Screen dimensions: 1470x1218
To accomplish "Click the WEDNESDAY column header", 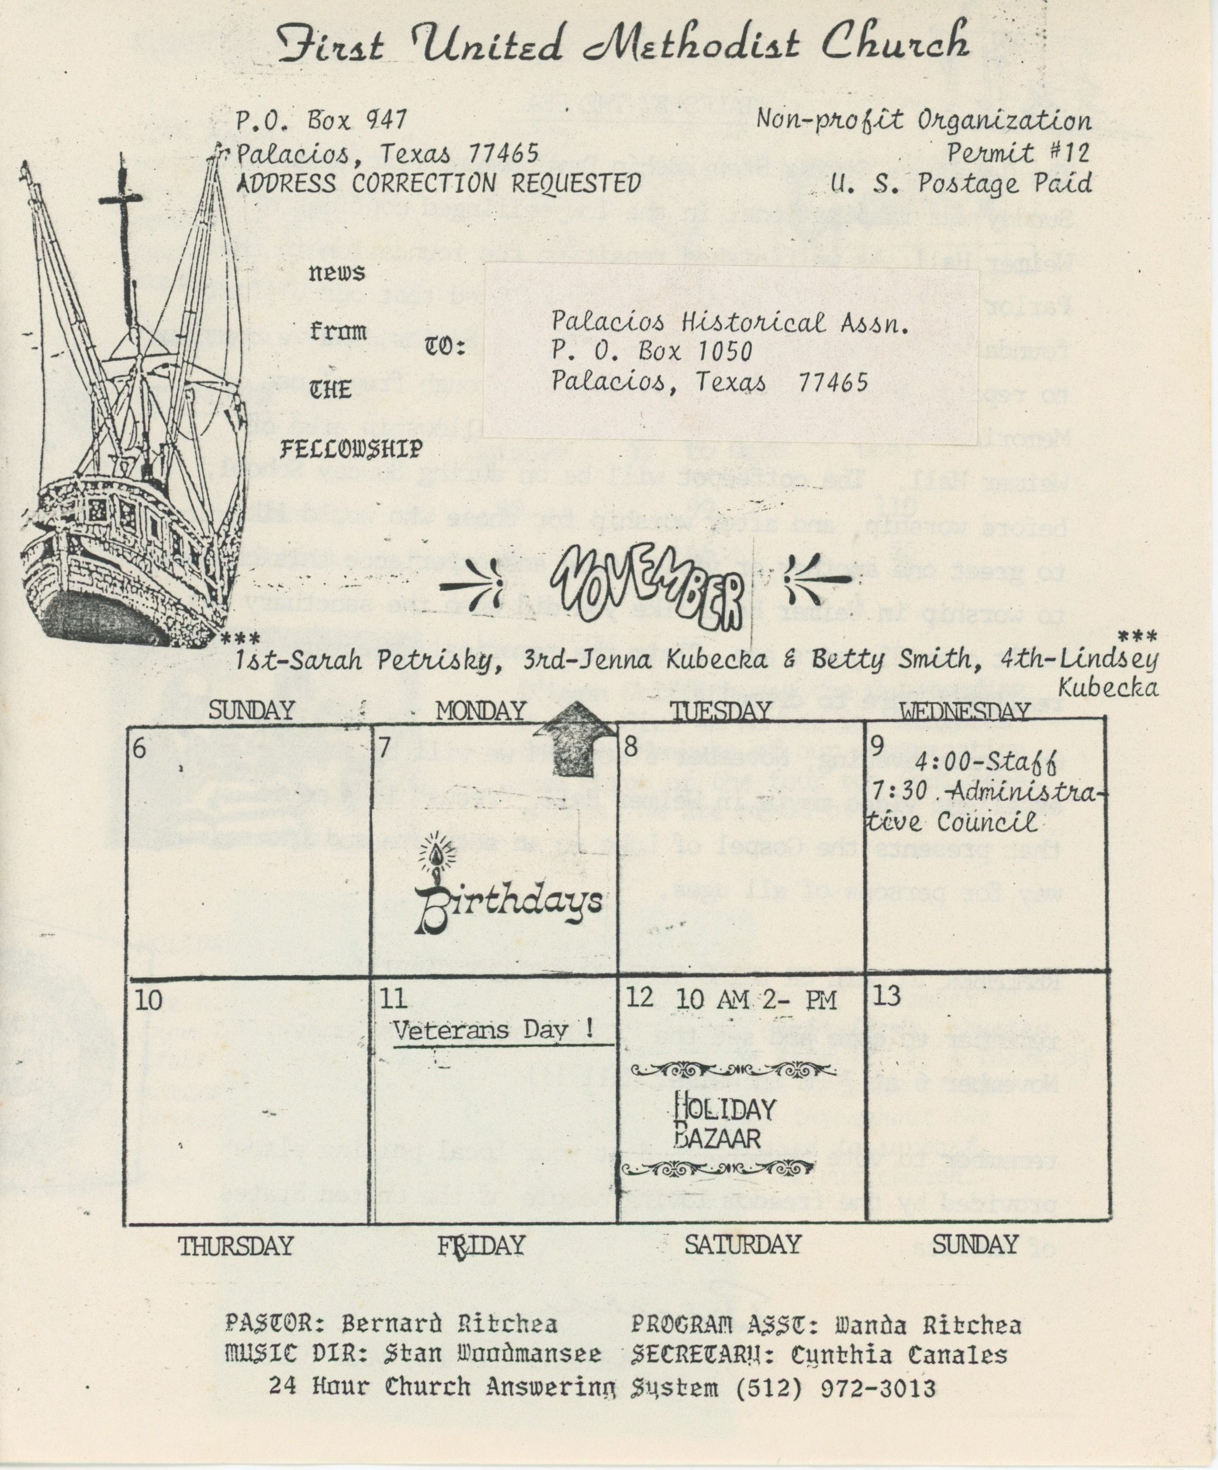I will pos(964,712).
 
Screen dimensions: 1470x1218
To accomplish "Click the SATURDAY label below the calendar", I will pos(742,1244).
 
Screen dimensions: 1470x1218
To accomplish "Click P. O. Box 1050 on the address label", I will pos(652,350).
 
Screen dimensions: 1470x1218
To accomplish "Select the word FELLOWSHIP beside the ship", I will pos(351,449).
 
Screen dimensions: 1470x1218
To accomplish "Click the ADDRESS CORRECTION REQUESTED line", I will pos(438,184).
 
